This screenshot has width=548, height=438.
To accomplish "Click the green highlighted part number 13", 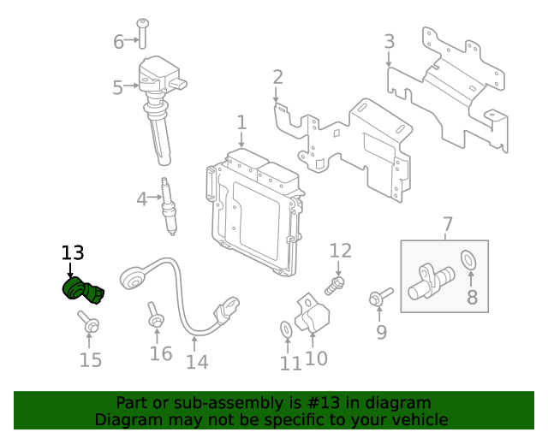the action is click(x=83, y=290).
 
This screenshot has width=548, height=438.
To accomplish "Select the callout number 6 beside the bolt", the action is click(x=118, y=42).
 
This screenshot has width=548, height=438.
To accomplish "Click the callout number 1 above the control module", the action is click(x=241, y=122).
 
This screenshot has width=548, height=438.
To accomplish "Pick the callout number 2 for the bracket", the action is click(x=277, y=77).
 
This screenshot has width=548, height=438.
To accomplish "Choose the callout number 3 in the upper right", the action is click(x=390, y=41).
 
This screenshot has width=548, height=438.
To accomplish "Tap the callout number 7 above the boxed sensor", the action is click(x=448, y=224).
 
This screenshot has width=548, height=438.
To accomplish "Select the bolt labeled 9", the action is click(x=380, y=297).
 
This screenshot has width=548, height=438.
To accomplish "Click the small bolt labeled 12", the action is click(x=335, y=286).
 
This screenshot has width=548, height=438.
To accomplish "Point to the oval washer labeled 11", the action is click(x=286, y=329).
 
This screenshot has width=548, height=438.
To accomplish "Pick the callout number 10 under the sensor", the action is click(x=316, y=358).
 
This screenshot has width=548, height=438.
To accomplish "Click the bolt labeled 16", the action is click(x=155, y=315).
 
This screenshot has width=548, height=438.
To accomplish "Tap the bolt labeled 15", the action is click(x=89, y=322).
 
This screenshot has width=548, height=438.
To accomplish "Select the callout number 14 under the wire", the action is click(x=197, y=362).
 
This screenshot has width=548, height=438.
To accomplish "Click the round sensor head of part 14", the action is click(x=132, y=278).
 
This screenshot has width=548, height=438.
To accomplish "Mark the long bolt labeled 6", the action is click(x=143, y=33).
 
